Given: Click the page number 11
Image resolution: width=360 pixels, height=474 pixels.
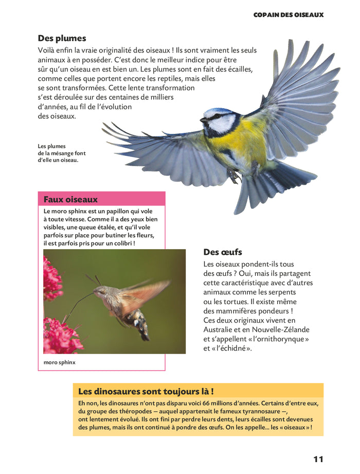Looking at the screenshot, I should [x=318, y=459].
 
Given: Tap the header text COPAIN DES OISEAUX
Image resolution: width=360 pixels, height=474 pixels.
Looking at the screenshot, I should [x=289, y=15].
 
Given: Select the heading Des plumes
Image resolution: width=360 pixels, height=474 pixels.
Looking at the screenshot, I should [x=62, y=38].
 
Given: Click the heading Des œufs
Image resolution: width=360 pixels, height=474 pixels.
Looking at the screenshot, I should [x=222, y=252].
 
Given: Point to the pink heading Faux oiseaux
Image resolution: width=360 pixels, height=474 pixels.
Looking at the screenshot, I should [x=70, y=199].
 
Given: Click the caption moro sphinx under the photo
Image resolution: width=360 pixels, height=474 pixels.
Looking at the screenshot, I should [x=60, y=362].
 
